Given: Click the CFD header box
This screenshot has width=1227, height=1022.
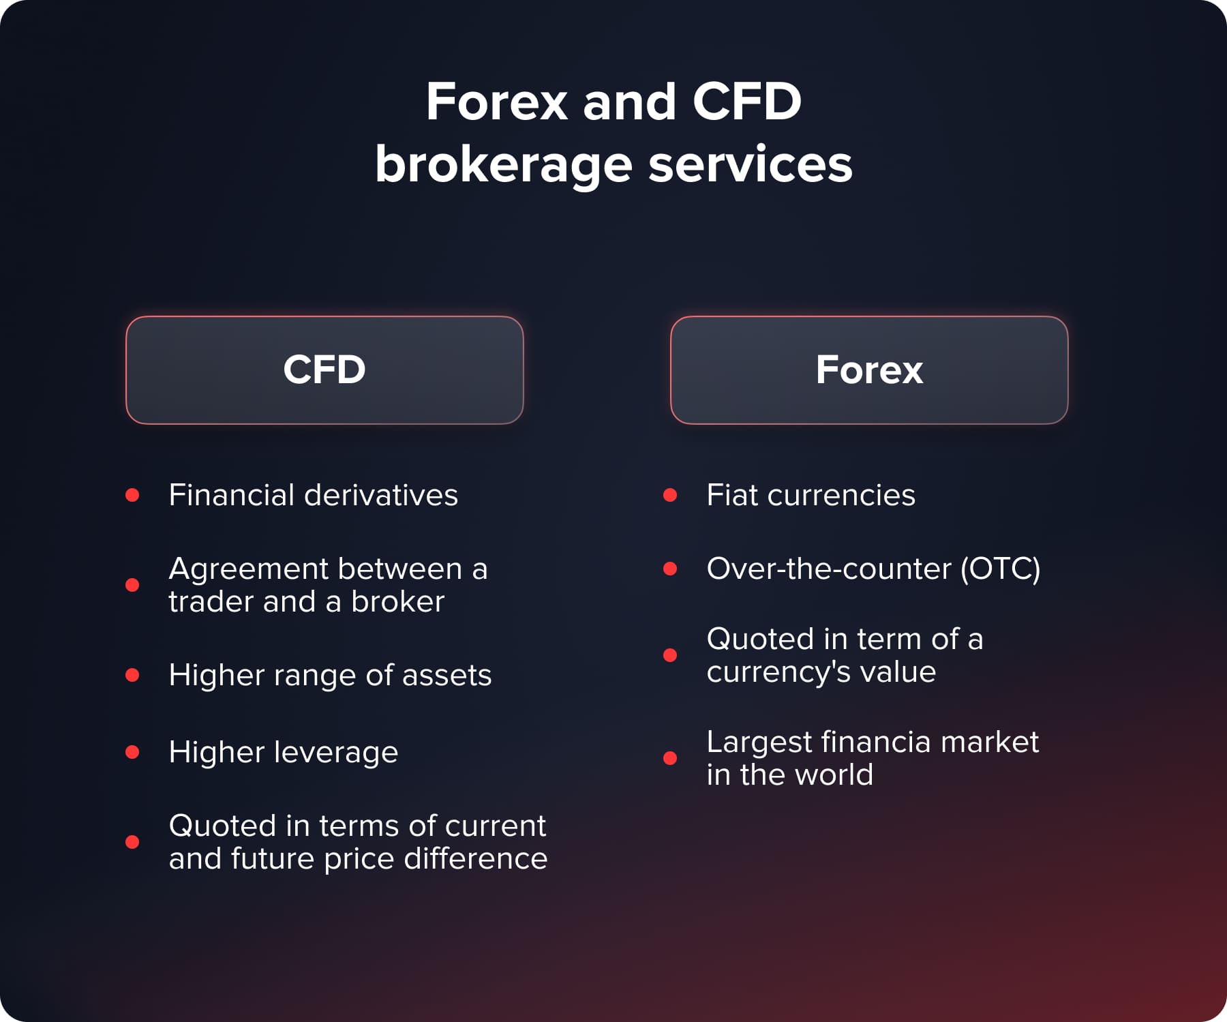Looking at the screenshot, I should (324, 370).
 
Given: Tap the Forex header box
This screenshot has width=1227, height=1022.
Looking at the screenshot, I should (869, 370).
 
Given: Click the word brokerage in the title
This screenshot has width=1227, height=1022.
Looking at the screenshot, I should (504, 165).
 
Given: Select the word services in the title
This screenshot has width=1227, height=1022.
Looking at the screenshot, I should (750, 165).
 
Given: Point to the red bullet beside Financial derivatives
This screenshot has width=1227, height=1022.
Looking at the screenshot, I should (132, 495).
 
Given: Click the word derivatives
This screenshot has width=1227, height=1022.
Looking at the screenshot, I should (381, 495).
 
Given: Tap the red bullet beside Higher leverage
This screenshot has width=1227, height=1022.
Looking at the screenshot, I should (132, 752).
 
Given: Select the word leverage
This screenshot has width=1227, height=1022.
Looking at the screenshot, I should (336, 753).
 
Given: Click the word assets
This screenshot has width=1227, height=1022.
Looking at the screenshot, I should (446, 675).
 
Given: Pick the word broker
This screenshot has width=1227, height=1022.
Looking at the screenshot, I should (397, 601).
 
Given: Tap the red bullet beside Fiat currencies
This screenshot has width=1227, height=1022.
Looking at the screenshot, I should (670, 495).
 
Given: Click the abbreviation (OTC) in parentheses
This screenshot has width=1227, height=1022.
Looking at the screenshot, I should (1000, 569).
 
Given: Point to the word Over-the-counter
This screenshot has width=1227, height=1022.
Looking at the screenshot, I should (829, 569).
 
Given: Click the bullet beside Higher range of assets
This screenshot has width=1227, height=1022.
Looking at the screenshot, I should (132, 675).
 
